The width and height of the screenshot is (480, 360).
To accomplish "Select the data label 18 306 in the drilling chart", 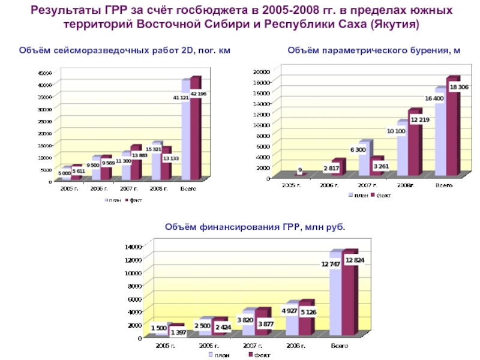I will [459, 88].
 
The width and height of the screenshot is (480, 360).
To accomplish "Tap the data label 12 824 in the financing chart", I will [355, 260].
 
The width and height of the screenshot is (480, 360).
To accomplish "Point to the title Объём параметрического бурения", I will [374, 52].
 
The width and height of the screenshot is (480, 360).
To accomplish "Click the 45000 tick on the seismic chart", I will [45, 73].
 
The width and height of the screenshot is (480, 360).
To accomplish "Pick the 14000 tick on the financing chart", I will [133, 246].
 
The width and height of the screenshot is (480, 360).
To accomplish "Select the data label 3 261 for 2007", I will [380, 166].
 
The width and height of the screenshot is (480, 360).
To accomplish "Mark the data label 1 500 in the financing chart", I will [159, 328].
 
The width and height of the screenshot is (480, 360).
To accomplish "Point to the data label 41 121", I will [181, 97].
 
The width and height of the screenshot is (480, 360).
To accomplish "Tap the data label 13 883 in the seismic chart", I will [139, 155].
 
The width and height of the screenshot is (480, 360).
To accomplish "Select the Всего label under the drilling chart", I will [443, 185].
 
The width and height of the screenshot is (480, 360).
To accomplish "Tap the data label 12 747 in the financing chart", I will [331, 264].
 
